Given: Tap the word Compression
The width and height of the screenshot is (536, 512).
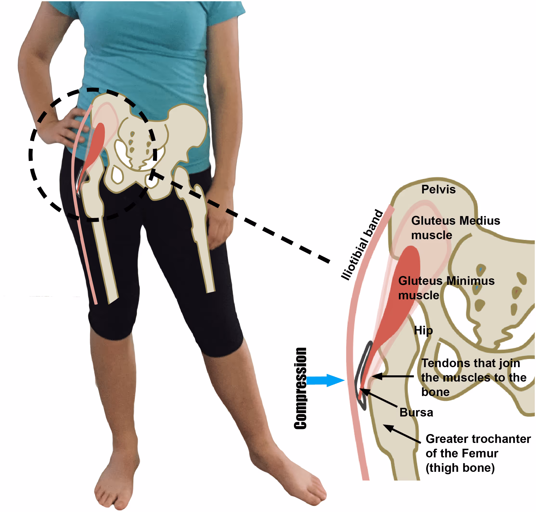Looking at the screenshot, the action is tap(300, 388).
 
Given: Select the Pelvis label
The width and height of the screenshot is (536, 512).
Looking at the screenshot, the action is tap(438, 189).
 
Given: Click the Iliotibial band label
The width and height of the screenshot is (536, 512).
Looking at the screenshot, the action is tap(362, 245).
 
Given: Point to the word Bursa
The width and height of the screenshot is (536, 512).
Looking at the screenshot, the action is tap(416, 412).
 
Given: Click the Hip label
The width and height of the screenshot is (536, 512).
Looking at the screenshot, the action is tap(423, 331).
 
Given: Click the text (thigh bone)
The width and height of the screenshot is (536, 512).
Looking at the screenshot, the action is tap(460, 468).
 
